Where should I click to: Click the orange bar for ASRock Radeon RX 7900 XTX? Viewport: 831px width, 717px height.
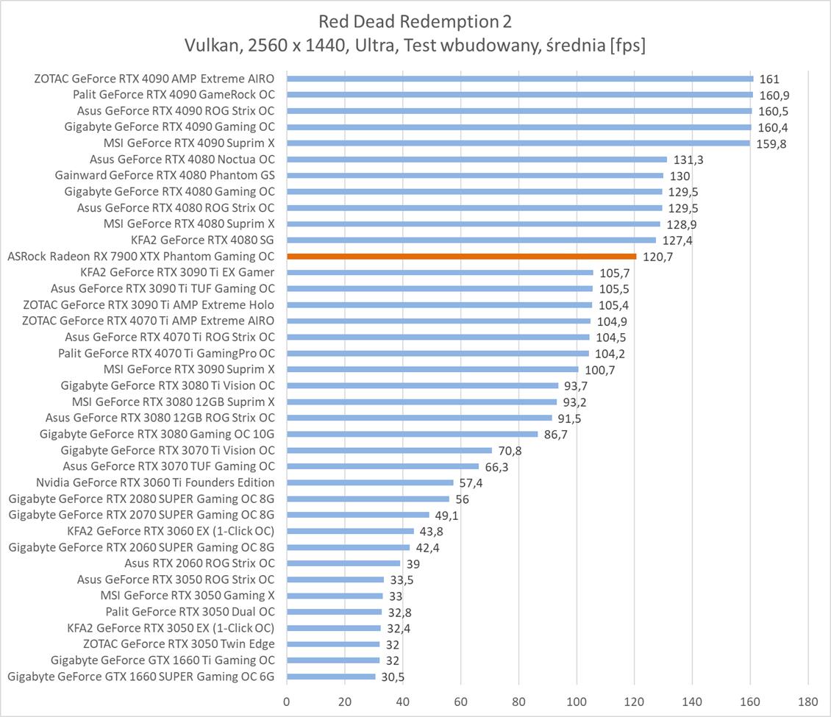tap(461, 257)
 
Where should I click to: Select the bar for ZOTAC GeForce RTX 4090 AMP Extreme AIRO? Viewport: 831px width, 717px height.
tap(519, 79)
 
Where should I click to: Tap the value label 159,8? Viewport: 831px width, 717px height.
tap(771, 144)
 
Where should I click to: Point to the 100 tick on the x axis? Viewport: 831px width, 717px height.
tap(577, 701)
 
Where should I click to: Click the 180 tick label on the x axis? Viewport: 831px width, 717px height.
tap(807, 701)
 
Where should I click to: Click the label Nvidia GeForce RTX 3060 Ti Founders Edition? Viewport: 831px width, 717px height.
tap(155, 482)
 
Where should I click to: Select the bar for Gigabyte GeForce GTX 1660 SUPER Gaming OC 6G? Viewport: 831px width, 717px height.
tap(331, 677)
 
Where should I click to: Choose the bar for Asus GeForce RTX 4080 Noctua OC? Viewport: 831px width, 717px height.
tap(477, 160)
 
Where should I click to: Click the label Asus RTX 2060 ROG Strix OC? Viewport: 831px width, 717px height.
tap(199, 563)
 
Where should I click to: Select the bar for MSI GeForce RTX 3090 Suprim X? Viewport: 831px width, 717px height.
tap(432, 370)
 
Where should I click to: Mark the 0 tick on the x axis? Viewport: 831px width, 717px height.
tap(287, 701)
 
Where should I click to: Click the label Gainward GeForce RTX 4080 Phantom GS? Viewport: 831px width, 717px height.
tap(165, 175)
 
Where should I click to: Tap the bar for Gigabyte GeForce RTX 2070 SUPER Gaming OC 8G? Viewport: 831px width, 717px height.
tap(357, 515)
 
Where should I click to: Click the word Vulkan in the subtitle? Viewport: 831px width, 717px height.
tap(210, 46)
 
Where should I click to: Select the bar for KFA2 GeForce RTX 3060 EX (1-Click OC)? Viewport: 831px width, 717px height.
tap(350, 531)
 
